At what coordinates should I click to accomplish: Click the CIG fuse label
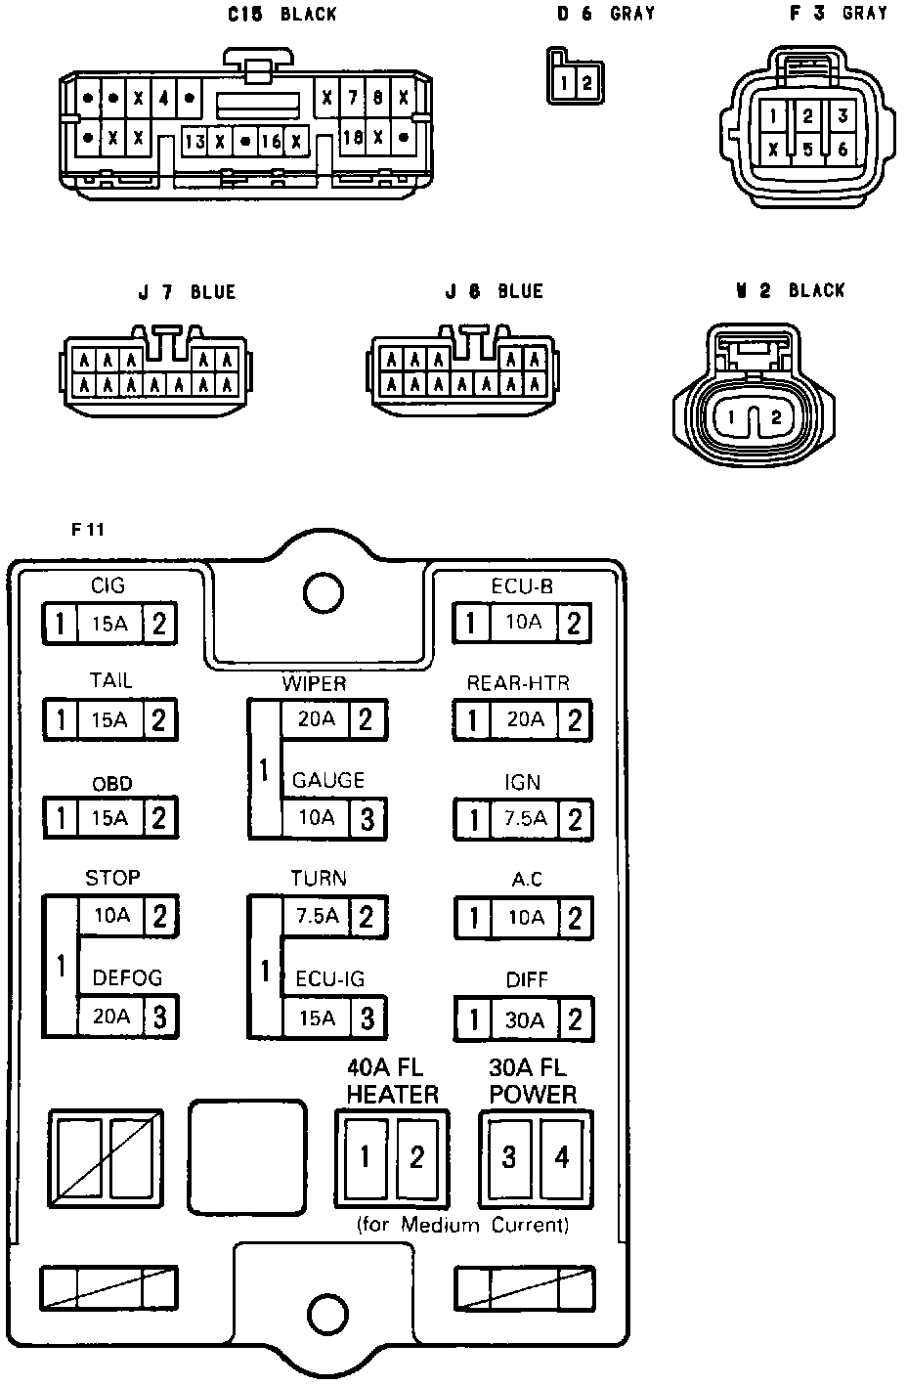pos(108,585)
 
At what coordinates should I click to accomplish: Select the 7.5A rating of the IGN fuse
pos(525,819)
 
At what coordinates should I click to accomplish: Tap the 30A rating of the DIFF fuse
pos(525,1020)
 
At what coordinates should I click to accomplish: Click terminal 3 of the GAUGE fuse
pos(367,819)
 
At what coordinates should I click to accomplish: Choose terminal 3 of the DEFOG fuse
pos(159,1018)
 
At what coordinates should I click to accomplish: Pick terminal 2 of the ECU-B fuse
pos(575,623)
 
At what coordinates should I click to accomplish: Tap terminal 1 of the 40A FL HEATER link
pos(366,1157)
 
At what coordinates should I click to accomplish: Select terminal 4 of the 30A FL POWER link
pos(562,1157)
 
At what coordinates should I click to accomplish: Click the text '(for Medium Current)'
pos(462,1225)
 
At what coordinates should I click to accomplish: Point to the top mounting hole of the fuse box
pos(320,591)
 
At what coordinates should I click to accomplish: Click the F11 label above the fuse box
pos(88,531)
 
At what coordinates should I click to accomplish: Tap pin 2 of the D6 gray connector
pos(585,83)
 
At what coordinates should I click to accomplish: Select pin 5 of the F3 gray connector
pos(807,150)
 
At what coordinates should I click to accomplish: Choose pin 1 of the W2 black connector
pos(732,417)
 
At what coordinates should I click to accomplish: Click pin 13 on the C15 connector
pos(194,142)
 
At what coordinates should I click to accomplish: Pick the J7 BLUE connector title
pos(187,292)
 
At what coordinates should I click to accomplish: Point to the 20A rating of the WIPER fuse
pos(316,719)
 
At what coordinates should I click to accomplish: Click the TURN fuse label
pos(319,878)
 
